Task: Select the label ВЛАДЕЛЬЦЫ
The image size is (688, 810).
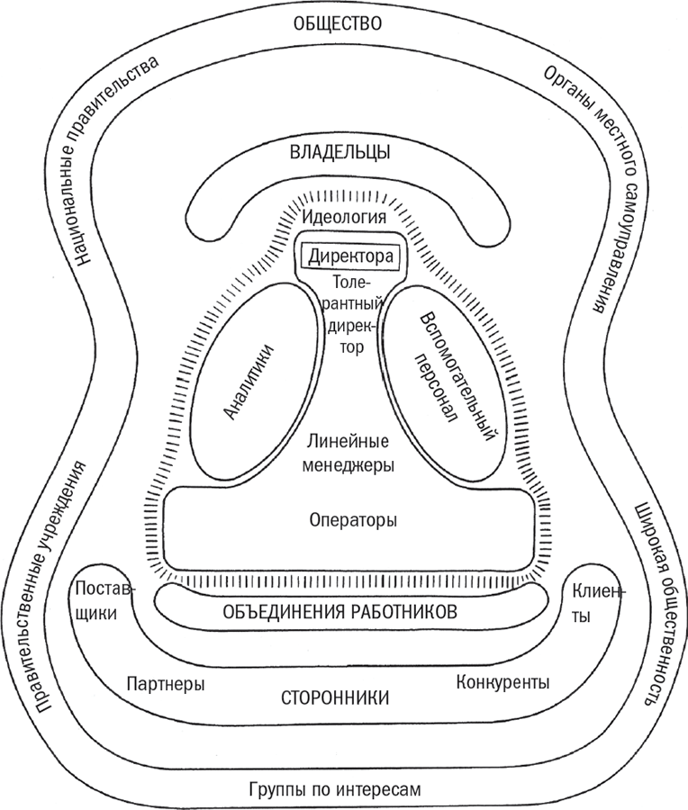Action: coord(339,152)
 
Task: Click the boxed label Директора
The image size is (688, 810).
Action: coord(350,256)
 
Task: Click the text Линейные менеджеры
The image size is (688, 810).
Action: coord(348,454)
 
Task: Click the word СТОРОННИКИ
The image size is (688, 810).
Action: coord(335,697)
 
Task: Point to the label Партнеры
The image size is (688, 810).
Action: coord(166,684)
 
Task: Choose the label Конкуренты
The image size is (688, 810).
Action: coord(502,682)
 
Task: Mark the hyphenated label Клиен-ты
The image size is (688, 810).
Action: coord(595,605)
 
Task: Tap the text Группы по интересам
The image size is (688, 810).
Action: coord(333,789)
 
